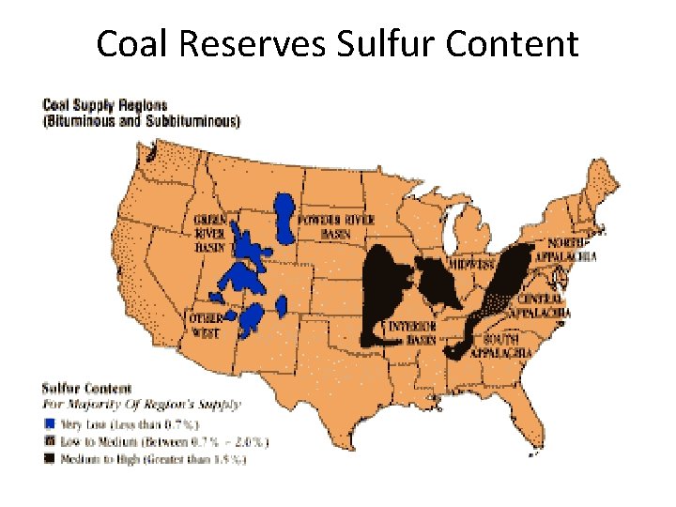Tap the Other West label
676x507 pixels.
click(x=206, y=325)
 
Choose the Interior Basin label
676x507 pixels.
click(x=413, y=332)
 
